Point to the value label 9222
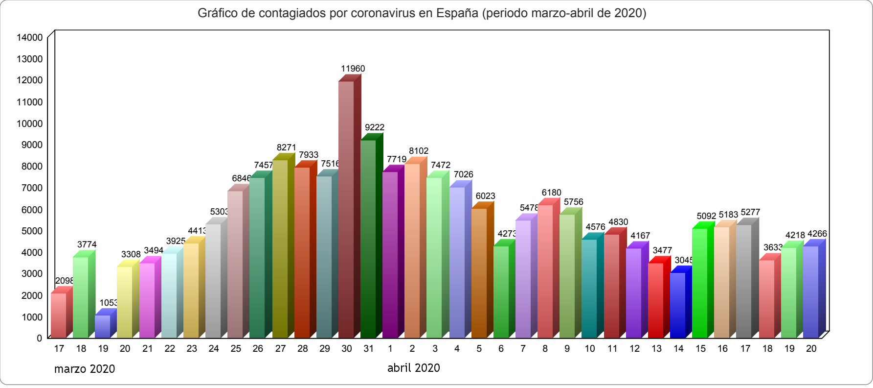pyautogui.click(x=375, y=127)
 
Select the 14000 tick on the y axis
pyautogui.click(x=30, y=37)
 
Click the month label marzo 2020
pyautogui.click(x=85, y=369)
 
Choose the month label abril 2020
pyautogui.click(x=414, y=368)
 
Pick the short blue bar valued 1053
pyautogui.click(x=103, y=327)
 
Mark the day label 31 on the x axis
pyautogui.click(x=369, y=349)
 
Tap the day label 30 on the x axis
pyautogui.click(x=347, y=349)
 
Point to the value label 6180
pyautogui.click(x=551, y=193)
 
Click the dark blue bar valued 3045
pyautogui.click(x=677, y=305)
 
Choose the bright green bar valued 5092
pyautogui.click(x=700, y=283)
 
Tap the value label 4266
pyautogui.click(x=817, y=234)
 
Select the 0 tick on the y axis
pyautogui.click(x=40, y=338)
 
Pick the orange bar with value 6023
pyautogui.click(x=479, y=273)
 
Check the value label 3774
pyautogui.click(x=87, y=244)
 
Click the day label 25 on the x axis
pyautogui.click(x=236, y=349)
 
